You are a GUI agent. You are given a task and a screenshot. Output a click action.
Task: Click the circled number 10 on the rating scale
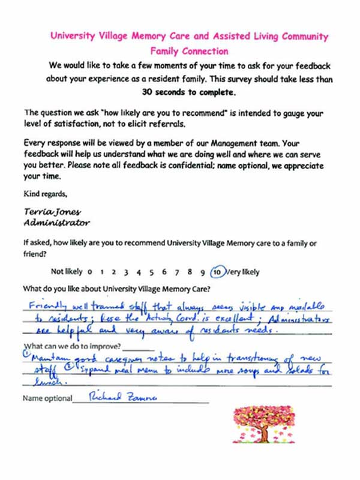220,271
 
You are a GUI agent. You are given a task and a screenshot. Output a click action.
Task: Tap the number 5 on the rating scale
151,272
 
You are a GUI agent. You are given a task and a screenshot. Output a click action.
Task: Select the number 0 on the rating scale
89,272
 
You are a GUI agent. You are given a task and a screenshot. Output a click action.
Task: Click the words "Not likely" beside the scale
66,272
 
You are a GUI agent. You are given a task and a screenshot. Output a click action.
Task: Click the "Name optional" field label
46,398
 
